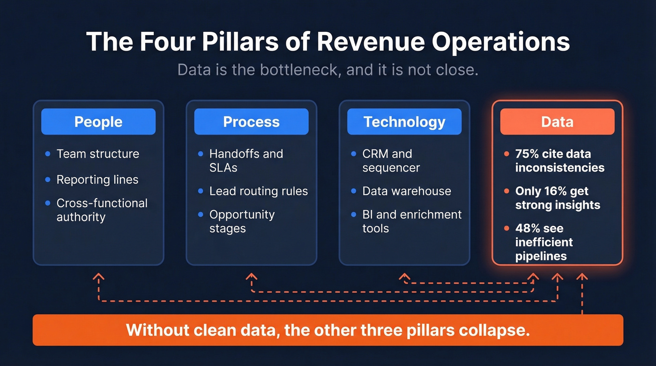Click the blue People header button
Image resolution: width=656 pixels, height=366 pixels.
click(98, 122)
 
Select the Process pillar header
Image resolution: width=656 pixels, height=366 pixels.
click(251, 122)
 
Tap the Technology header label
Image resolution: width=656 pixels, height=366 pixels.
click(404, 122)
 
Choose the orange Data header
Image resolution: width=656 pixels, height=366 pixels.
click(557, 122)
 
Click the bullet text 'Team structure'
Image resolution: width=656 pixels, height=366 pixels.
click(97, 154)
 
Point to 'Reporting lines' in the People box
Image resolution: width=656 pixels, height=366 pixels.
click(97, 179)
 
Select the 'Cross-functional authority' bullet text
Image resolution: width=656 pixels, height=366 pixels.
click(102, 210)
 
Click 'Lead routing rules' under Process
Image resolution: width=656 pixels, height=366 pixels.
click(258, 191)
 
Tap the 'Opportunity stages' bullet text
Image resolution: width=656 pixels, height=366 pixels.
click(242, 221)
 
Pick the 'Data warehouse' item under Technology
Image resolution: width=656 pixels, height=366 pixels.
click(406, 191)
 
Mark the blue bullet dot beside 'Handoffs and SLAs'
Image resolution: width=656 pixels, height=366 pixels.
click(201, 154)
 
